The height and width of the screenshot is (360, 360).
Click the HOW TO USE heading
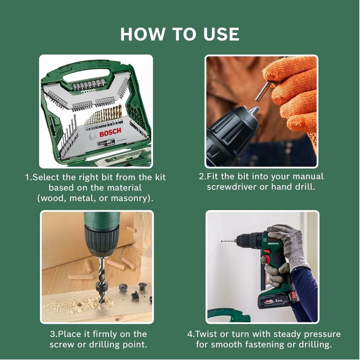179,34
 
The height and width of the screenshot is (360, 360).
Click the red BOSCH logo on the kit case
109,133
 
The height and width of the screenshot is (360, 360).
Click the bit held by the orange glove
263,93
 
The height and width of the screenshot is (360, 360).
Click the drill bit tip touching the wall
223,241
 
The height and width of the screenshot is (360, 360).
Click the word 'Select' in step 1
46,177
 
